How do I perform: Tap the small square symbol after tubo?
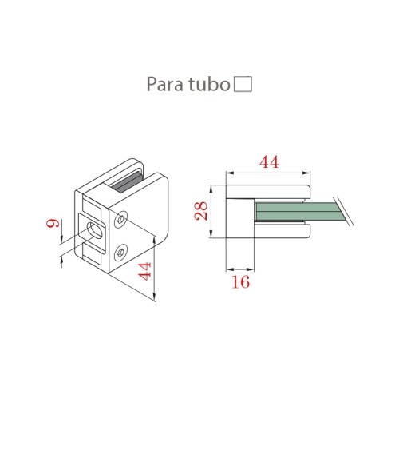(x=243, y=83)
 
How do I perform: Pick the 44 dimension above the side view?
(x=269, y=161)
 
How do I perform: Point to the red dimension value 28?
(x=202, y=210)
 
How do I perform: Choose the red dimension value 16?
(x=241, y=281)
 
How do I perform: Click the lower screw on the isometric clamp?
(x=120, y=253)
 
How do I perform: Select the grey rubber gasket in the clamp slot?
(x=128, y=184)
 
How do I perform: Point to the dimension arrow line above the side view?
(x=269, y=172)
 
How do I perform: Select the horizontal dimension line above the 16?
(x=241, y=266)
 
